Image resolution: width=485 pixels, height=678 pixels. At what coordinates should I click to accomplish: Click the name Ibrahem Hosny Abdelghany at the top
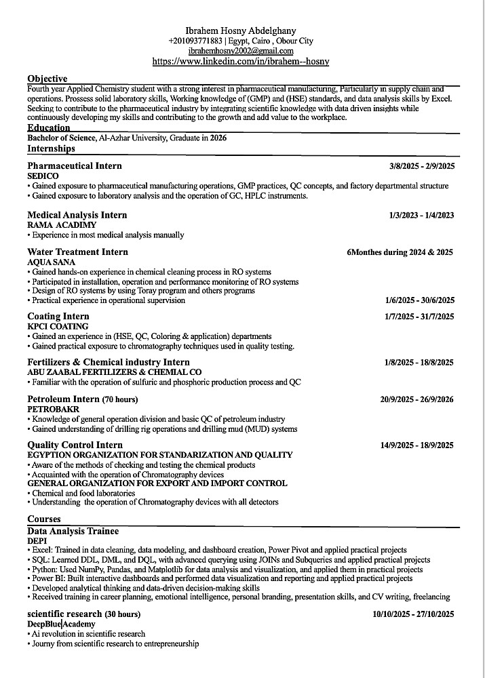pos(240,31)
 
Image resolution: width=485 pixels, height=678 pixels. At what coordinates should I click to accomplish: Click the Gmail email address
pos(241,51)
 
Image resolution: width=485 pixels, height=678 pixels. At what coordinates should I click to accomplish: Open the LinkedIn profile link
pos(241,61)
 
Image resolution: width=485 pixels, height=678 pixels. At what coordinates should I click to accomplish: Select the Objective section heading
pos(47,79)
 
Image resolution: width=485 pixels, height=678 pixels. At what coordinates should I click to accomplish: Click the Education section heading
pos(49,127)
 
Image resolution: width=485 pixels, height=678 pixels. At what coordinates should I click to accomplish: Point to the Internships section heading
pos(52,148)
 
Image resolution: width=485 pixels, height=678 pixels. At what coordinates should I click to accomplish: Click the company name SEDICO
pos(43,176)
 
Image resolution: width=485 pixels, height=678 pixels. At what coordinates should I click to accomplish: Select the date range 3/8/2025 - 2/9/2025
pos(422,166)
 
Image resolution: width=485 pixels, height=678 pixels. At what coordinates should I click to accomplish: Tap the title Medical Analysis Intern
pos(77,215)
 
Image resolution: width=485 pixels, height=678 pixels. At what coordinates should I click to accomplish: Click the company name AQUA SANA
pos(52,262)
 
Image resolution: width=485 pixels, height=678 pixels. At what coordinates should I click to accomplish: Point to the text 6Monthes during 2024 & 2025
pos(400,252)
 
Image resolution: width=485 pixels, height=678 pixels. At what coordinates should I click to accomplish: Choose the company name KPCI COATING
pos(58,326)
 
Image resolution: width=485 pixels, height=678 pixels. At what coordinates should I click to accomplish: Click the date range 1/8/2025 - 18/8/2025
pos(419,363)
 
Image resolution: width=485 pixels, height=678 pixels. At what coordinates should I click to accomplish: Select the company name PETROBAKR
pos(53,410)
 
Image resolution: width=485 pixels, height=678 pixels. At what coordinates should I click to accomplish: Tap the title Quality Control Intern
pos(75,445)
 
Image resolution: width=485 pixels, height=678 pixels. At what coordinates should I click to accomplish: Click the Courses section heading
pos(44,519)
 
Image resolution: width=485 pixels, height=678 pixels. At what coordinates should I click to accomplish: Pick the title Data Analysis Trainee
pos(73,531)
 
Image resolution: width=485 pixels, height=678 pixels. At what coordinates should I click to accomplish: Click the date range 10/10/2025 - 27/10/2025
pos(414,614)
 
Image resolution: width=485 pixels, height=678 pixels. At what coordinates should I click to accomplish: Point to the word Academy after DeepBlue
pos(79,624)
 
